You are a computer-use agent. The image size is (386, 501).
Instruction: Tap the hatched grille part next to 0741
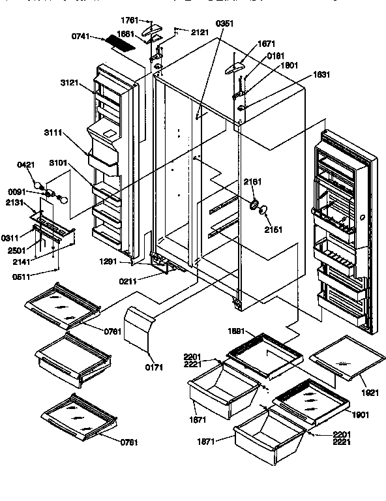[x=121, y=44]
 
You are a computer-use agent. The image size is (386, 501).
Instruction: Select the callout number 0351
[x=224, y=23]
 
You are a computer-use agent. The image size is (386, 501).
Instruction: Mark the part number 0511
[x=22, y=276]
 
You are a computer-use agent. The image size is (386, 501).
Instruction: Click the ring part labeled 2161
[x=250, y=204]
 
